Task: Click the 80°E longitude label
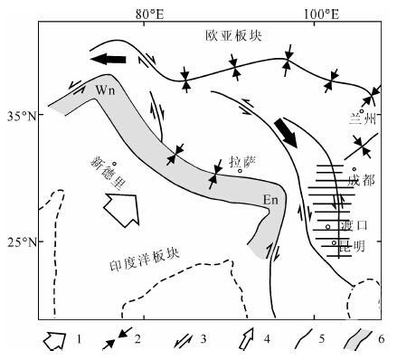click(150, 14)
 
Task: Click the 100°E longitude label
click(321, 14)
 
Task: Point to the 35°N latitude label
click(22, 116)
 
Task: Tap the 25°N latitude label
click(22, 242)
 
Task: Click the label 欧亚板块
click(234, 35)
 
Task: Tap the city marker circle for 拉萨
click(241, 171)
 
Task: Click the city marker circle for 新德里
click(115, 164)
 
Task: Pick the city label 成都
click(361, 180)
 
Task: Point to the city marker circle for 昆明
click(334, 242)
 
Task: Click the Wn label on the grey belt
click(105, 90)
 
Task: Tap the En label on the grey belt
click(270, 200)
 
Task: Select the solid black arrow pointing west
click(108, 59)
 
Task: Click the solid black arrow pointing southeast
click(286, 133)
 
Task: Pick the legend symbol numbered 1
click(54, 341)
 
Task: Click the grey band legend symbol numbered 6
click(358, 340)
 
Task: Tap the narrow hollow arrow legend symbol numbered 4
click(247, 338)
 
